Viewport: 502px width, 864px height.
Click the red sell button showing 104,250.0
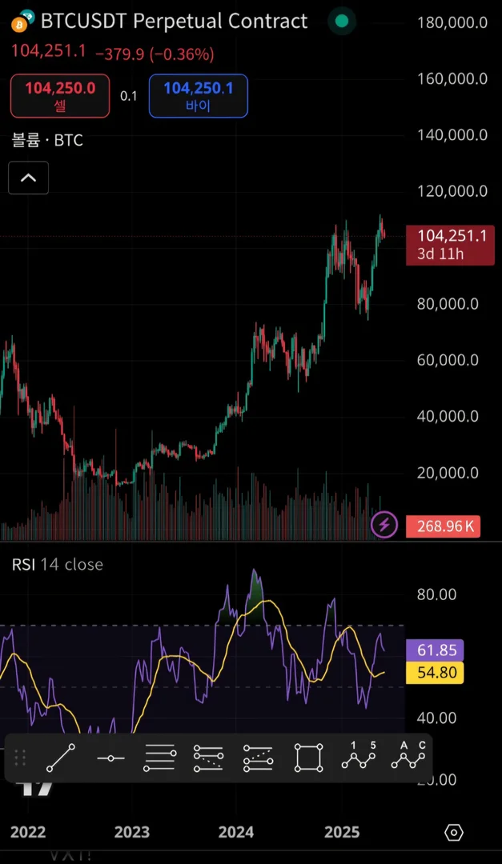pos(60,96)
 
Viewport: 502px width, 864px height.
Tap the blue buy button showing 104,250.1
pos(198,96)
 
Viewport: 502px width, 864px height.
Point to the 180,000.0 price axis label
pos(452,22)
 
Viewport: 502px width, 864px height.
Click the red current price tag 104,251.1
pos(451,243)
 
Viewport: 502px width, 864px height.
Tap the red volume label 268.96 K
pos(443,526)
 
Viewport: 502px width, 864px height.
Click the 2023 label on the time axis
pos(131,833)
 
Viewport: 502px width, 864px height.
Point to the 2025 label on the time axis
pos(342,833)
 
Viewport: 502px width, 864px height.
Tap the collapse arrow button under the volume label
pos(28,178)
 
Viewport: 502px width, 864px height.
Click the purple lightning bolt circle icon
pos(386,526)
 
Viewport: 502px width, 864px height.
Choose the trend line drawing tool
pos(61,758)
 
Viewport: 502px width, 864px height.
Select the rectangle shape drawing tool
pos(308,758)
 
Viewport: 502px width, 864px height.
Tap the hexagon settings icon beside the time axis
pos(453,833)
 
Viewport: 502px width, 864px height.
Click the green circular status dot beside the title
pos(342,22)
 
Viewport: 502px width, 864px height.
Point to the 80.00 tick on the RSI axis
pos(436,594)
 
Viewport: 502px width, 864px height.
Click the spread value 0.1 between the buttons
pos(129,96)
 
